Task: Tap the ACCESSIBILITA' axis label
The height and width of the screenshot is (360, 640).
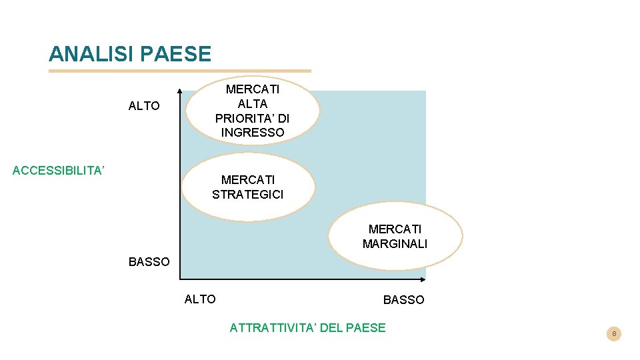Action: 59,171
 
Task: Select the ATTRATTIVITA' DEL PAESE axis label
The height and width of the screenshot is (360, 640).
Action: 307,327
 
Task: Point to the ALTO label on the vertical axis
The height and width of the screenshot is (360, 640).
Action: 144,106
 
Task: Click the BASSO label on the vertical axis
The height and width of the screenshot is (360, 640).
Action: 149,262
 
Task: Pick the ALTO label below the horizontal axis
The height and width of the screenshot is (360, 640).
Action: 200,299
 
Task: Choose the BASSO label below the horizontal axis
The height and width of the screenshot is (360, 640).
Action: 403,300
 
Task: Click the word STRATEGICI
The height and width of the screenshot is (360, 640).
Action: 248,195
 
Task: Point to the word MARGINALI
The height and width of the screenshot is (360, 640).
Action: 395,244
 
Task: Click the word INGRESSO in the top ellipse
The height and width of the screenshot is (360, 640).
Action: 253,133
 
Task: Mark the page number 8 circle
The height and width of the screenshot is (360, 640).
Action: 614,333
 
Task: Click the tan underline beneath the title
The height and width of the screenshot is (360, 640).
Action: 180,71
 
